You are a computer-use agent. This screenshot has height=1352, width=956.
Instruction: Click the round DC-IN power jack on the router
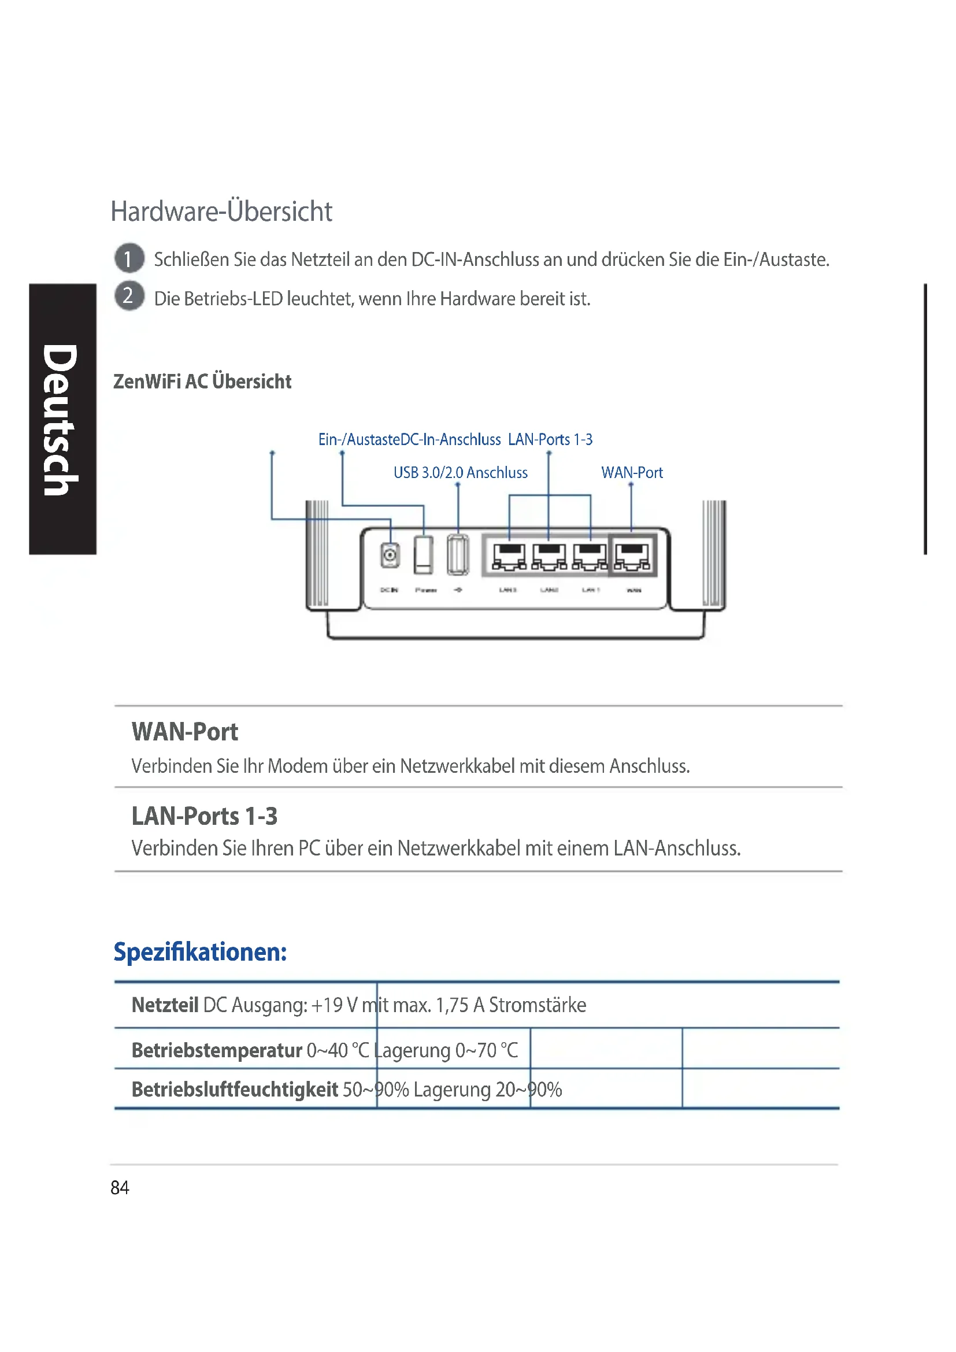click(390, 555)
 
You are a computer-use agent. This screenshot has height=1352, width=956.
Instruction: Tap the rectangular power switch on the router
click(423, 555)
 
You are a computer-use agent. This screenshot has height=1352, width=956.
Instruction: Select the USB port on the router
click(458, 555)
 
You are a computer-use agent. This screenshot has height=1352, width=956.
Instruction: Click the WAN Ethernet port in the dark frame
click(632, 556)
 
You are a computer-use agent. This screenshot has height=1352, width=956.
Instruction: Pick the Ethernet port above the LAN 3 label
click(509, 556)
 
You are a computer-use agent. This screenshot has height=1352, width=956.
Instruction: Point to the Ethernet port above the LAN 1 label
click(590, 556)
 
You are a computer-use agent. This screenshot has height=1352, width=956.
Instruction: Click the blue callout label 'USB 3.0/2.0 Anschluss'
click(460, 473)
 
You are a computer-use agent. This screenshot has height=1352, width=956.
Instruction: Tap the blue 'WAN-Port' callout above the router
click(632, 473)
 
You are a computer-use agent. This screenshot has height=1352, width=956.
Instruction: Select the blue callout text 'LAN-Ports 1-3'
click(550, 440)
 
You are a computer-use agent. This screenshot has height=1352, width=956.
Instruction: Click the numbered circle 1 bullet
click(129, 258)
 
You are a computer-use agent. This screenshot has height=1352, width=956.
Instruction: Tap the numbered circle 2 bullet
click(129, 295)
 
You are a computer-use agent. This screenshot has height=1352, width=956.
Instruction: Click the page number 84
click(120, 1187)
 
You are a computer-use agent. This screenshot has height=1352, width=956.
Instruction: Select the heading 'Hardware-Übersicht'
click(221, 212)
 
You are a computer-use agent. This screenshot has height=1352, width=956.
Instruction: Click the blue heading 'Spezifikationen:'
click(200, 951)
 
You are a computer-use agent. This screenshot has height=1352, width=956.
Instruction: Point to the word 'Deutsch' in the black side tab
click(61, 419)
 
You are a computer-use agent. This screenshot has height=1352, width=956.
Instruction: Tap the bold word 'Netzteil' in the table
click(165, 1005)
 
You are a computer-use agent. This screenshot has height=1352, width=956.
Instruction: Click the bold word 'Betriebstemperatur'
click(217, 1050)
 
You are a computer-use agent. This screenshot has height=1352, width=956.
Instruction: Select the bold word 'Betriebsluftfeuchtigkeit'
click(235, 1090)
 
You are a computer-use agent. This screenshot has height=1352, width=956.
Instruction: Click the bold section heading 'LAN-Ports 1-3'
click(204, 816)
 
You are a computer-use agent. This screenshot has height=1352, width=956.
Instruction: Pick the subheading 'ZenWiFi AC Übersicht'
click(202, 381)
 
